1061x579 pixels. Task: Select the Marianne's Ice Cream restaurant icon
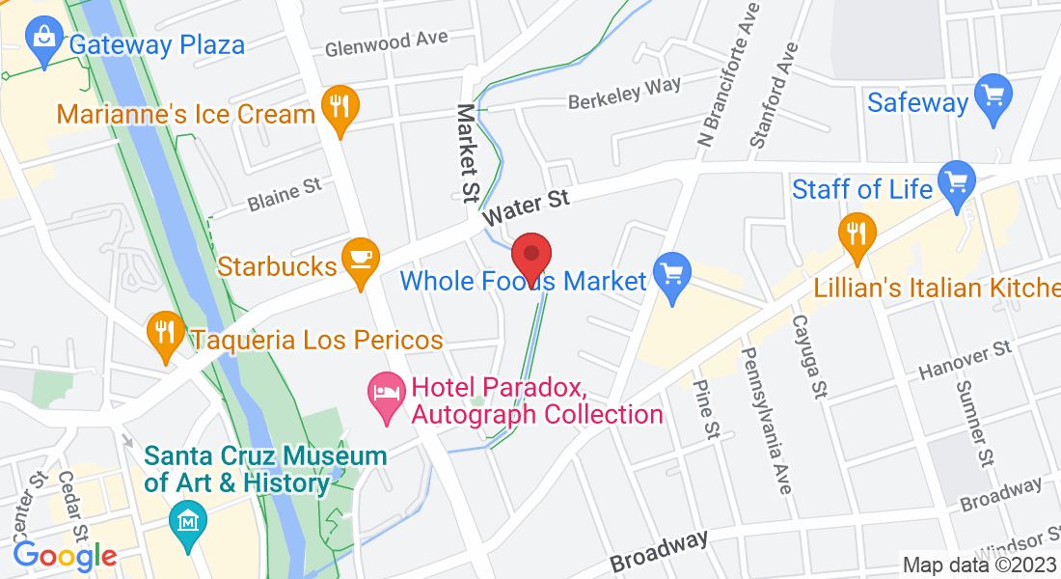click(x=339, y=105)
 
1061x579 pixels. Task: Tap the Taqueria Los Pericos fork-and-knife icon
click(x=166, y=333)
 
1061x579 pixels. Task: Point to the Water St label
click(x=527, y=207)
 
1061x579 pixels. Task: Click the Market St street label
click(x=468, y=154)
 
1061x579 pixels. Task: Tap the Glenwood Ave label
click(x=386, y=44)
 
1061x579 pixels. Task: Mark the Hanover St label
click(x=964, y=359)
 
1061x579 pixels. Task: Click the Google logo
click(x=65, y=556)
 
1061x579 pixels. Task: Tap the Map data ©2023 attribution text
click(x=978, y=565)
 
